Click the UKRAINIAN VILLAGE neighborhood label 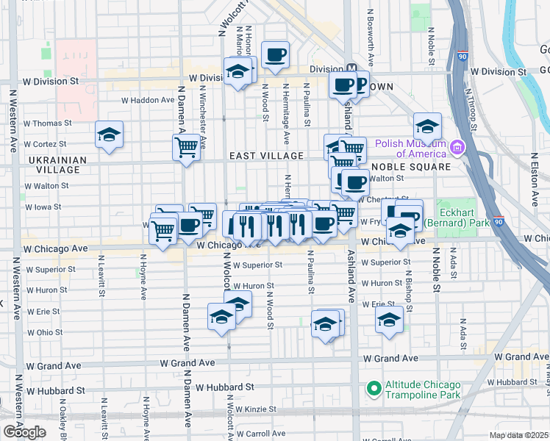[x=58, y=165]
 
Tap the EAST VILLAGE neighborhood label [x=266, y=156]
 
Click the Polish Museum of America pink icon [x=458, y=148]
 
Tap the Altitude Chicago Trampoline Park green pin [x=374, y=386]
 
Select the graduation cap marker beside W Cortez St [x=109, y=135]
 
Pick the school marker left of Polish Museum [x=426, y=126]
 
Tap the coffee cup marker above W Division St [x=275, y=54]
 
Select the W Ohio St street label [x=45, y=332]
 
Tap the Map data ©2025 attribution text [x=518, y=435]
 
